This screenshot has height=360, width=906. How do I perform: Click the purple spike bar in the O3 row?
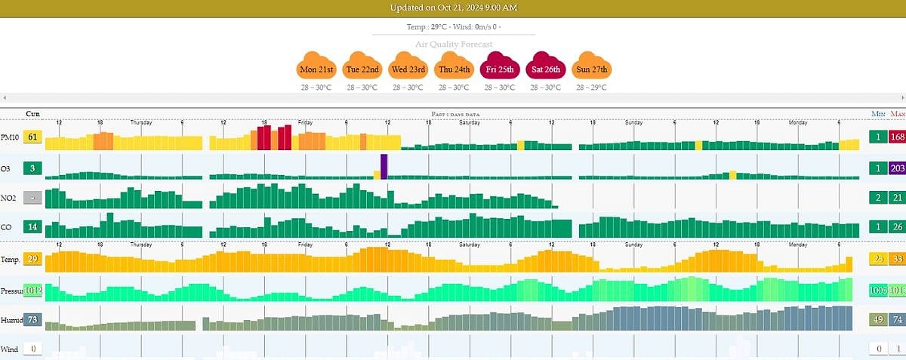[384, 167]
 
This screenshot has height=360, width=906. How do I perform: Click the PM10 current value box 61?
[32, 137]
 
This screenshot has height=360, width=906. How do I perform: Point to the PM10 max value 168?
[897, 137]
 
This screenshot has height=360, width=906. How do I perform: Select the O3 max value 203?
[897, 168]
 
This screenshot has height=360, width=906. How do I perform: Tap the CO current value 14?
[32, 227]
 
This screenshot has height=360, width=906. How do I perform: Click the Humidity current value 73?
[32, 319]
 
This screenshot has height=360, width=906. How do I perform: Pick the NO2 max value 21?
[897, 198]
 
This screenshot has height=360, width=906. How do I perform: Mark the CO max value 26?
[897, 227]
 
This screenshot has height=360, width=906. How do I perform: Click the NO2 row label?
[9, 198]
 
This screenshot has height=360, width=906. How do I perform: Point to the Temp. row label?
[10, 260]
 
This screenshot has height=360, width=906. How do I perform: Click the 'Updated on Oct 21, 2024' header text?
[453, 8]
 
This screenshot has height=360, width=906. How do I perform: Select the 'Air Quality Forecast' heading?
[453, 44]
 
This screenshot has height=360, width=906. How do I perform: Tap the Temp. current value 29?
[32, 260]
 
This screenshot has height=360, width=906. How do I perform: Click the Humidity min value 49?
[877, 319]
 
